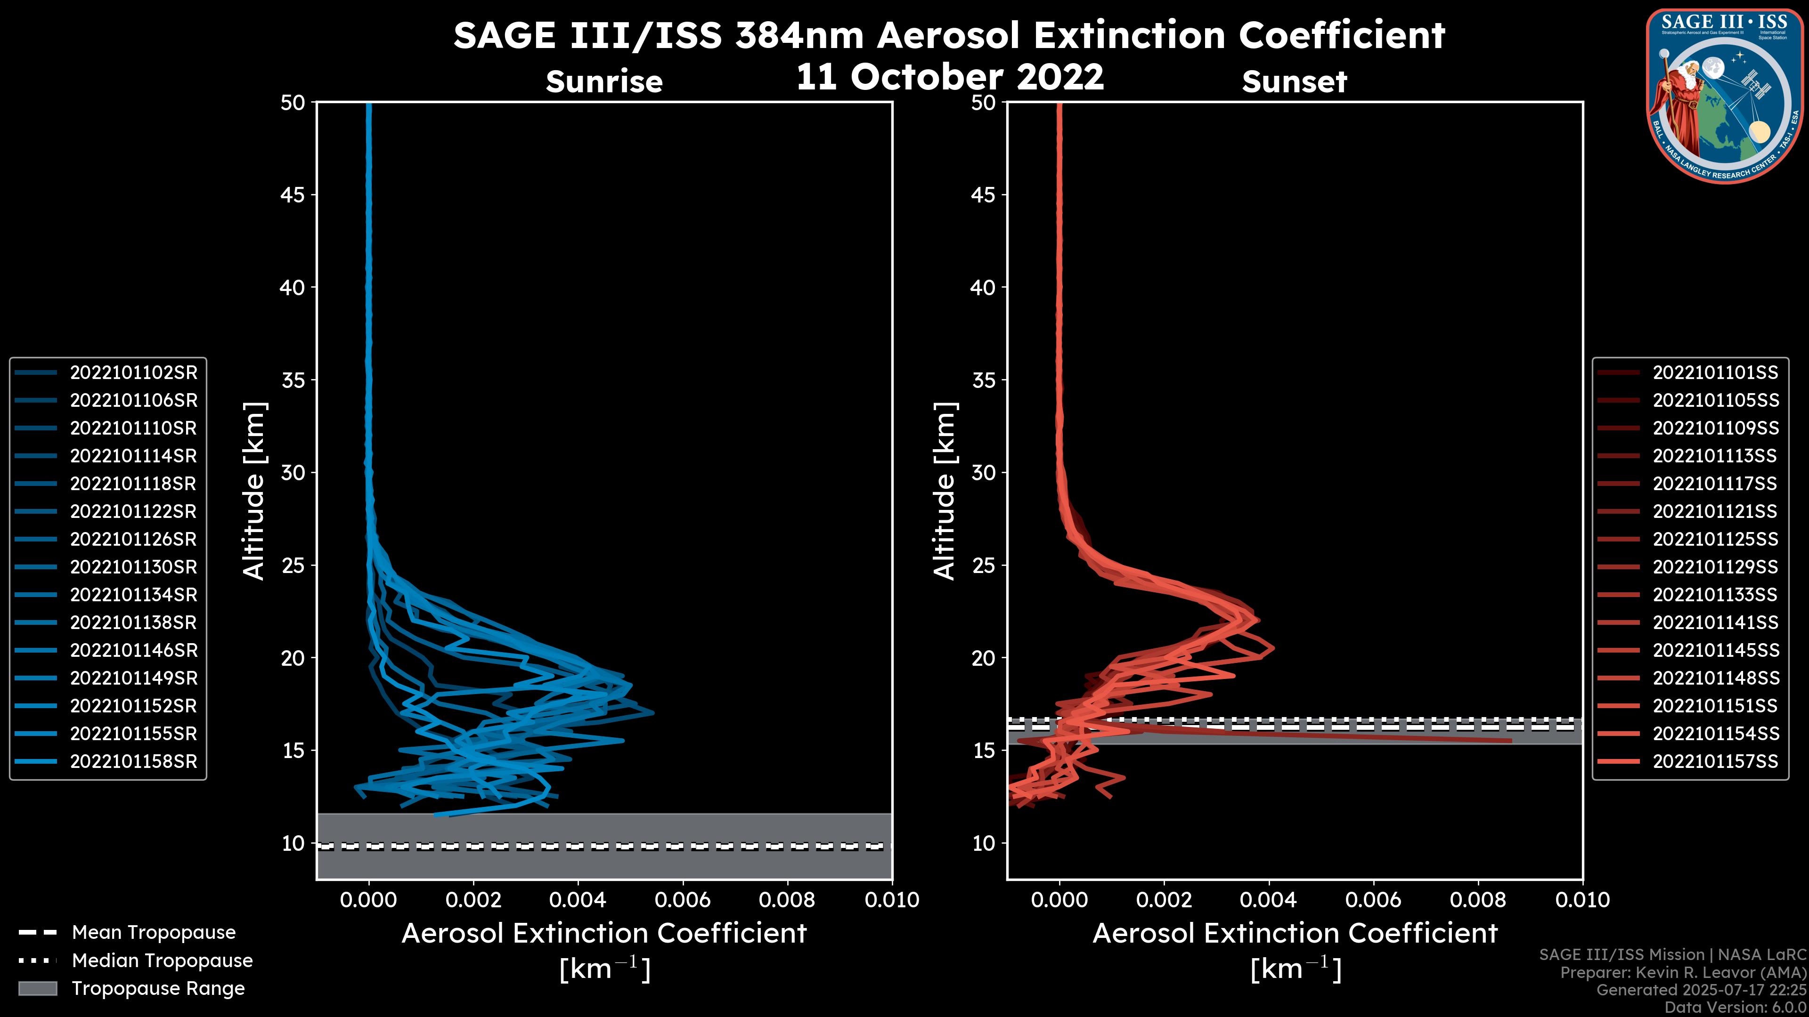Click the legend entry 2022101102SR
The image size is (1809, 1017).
point(133,373)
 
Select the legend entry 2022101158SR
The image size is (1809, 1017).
point(133,761)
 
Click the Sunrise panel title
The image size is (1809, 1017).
point(604,81)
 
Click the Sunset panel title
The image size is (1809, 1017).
point(1294,81)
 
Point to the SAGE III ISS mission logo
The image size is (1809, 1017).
point(1725,96)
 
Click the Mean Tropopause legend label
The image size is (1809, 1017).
point(154,933)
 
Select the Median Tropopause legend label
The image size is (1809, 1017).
point(162,961)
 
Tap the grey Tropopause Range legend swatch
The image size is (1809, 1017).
point(38,989)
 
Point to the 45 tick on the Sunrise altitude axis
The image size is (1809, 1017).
point(293,195)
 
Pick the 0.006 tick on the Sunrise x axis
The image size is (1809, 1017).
point(683,900)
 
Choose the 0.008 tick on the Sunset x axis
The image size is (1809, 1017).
point(1478,900)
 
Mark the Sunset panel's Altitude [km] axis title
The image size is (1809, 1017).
point(945,491)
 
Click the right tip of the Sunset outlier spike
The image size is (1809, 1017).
point(1510,741)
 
